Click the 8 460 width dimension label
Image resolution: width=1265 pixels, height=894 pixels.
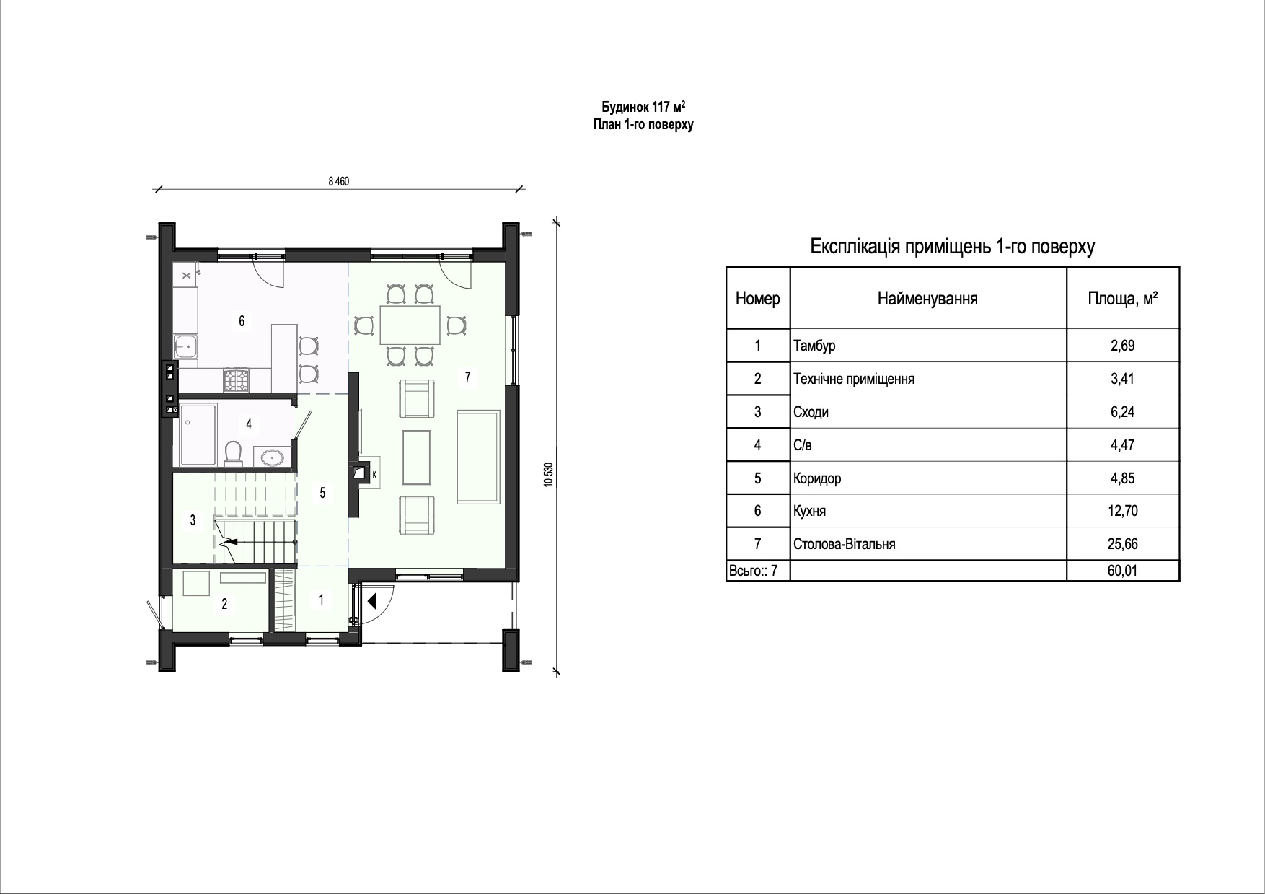click(338, 182)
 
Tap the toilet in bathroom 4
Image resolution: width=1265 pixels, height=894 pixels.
click(233, 452)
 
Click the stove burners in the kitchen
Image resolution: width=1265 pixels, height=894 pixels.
click(236, 380)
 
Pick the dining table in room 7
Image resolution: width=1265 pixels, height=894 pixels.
click(410, 325)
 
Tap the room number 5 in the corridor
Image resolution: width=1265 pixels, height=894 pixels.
click(322, 493)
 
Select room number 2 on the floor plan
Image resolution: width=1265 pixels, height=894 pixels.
click(224, 604)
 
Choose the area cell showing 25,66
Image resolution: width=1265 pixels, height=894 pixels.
click(1123, 544)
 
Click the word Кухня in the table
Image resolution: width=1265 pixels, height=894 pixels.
click(810, 511)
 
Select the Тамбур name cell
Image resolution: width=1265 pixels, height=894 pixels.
click(928, 346)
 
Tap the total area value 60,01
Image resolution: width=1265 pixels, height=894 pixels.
click(1123, 571)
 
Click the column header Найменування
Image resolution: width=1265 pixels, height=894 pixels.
click(927, 299)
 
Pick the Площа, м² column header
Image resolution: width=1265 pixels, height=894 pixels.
click(1123, 298)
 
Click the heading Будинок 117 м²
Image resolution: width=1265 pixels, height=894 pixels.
click(643, 107)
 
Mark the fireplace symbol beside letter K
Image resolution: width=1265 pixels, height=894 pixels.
click(359, 473)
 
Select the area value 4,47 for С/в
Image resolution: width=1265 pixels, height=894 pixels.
click(1123, 445)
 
